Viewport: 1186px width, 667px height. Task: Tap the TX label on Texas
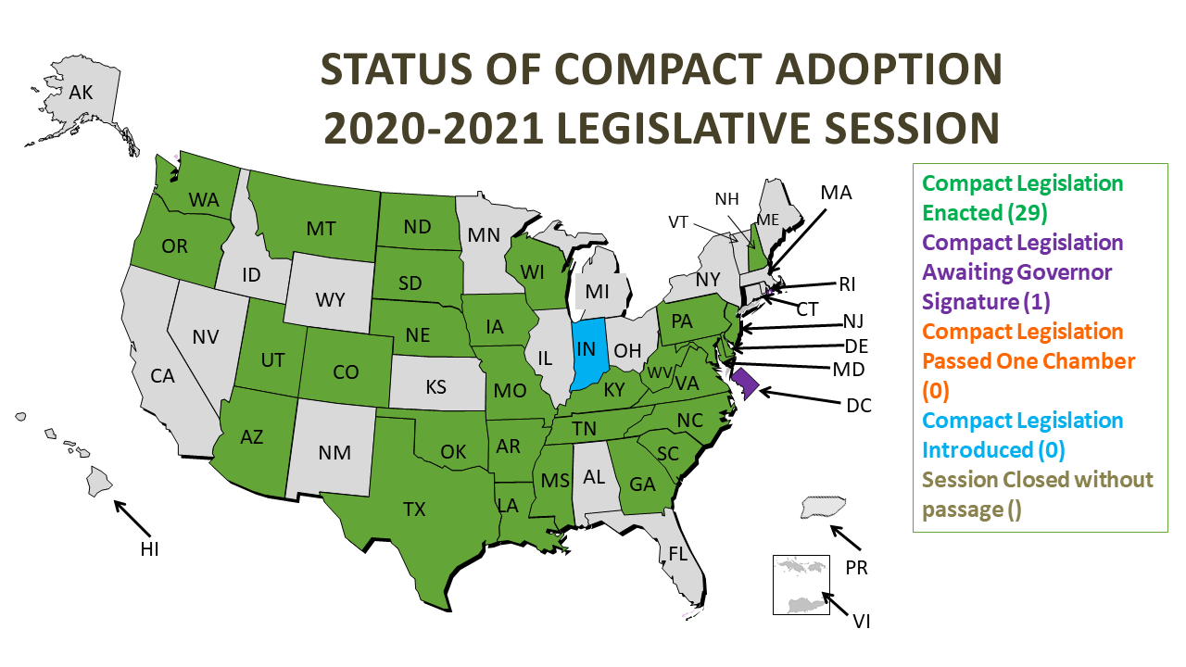pyautogui.click(x=414, y=509)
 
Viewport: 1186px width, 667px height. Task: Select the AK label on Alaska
pyautogui.click(x=82, y=92)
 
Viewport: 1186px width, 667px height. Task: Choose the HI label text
pyautogui.click(x=149, y=549)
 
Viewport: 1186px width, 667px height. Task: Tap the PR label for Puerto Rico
pyautogui.click(x=856, y=567)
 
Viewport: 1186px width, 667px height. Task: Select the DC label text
pyautogui.click(x=858, y=405)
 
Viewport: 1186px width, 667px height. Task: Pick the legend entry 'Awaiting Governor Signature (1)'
pyautogui.click(x=1022, y=272)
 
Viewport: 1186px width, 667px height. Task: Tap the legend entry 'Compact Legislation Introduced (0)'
pyautogui.click(x=1022, y=435)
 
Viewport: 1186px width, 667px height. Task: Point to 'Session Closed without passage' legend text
pyautogui.click(x=1038, y=495)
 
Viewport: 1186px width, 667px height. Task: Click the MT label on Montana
pyautogui.click(x=321, y=228)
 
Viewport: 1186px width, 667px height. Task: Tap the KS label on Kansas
pyautogui.click(x=435, y=385)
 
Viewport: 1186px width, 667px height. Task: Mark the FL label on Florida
pyautogui.click(x=679, y=554)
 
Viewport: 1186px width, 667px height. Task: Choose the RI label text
pyautogui.click(x=847, y=283)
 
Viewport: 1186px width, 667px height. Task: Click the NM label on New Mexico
pyautogui.click(x=334, y=452)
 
